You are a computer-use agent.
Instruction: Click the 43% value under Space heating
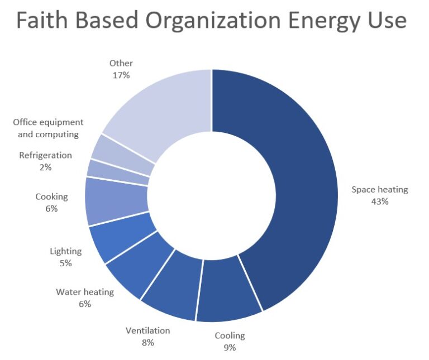379,201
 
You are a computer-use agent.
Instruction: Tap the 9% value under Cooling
230,347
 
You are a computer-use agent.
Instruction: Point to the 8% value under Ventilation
147,343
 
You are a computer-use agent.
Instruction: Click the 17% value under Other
121,75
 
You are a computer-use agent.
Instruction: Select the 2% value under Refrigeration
45,167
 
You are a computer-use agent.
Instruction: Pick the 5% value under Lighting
65,263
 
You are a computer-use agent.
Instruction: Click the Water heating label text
85,292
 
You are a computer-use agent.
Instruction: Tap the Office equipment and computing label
48,128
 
